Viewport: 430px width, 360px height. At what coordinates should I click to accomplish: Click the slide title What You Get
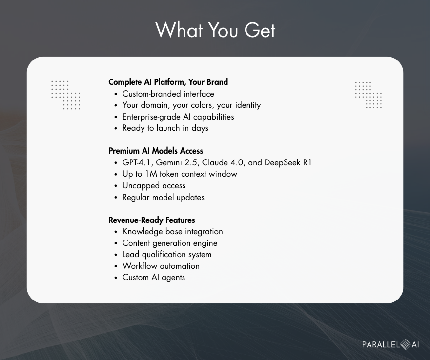point(215,30)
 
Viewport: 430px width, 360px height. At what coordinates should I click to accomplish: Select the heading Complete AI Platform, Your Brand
point(168,82)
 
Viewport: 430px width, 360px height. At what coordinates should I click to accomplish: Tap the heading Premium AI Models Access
point(156,151)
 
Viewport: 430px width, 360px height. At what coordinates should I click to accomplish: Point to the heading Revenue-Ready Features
point(152,220)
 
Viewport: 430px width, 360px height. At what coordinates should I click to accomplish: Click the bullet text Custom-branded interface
point(168,94)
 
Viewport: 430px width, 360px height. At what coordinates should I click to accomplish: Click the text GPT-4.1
point(138,162)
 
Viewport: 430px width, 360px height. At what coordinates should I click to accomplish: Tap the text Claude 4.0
point(223,162)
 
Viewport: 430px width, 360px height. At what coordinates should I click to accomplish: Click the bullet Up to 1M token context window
point(180,174)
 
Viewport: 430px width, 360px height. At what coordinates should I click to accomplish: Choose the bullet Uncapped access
point(154,186)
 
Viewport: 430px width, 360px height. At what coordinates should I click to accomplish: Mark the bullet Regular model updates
point(163,197)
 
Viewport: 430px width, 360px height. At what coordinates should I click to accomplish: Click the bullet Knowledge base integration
point(172,231)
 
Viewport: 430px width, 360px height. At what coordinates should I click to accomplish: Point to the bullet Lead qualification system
point(167,255)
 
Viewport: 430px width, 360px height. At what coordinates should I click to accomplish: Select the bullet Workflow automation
point(161,266)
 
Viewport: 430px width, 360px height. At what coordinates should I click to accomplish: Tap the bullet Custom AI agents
point(154,277)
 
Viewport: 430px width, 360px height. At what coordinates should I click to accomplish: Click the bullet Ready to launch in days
point(165,128)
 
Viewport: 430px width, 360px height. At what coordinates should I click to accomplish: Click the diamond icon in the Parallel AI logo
point(406,345)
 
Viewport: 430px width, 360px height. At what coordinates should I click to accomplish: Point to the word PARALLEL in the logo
point(381,345)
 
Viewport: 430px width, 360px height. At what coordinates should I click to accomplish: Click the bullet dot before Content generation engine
point(116,243)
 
